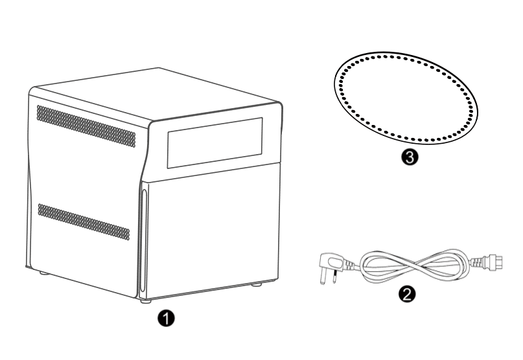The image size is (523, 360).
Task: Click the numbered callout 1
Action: pos(166,318)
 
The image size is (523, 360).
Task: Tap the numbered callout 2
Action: pos(407,294)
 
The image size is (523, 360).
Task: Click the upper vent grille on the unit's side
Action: pos(86,126)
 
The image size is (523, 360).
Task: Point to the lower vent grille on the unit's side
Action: pos(84,221)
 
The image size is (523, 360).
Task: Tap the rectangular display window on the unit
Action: pos(215,142)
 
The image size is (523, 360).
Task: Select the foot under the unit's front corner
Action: pos(145,301)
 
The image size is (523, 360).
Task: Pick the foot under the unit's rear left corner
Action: pos(43,273)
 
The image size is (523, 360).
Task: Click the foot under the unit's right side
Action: pos(257,285)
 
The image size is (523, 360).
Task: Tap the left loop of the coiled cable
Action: pos(364,267)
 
